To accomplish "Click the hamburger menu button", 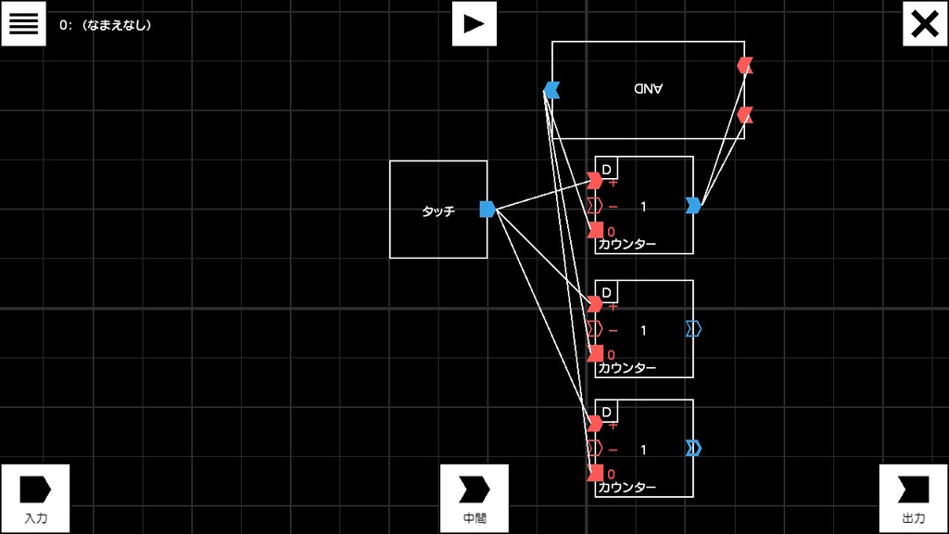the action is (x=23, y=23).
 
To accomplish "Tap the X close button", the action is (x=925, y=23).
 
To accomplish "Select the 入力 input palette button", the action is (x=36, y=498).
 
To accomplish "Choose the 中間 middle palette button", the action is (x=474, y=498).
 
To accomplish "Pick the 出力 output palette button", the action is (x=913, y=498).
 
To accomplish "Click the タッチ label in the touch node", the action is (x=438, y=211).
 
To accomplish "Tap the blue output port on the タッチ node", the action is (x=487, y=209).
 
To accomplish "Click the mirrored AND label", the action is (x=648, y=88).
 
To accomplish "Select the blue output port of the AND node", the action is (x=551, y=90).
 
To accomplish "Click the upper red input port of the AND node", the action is (x=745, y=66).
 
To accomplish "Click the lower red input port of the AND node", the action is (x=745, y=115).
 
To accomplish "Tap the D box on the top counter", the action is (x=606, y=169).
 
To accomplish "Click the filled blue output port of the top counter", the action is (x=693, y=205).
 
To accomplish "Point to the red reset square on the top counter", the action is (x=596, y=230).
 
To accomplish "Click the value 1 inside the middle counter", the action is (x=643, y=331).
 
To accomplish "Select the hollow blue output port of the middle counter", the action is (x=693, y=329).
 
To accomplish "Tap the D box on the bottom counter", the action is (x=606, y=412).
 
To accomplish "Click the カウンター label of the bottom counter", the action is (x=627, y=488).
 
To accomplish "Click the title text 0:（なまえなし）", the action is (x=106, y=25).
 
